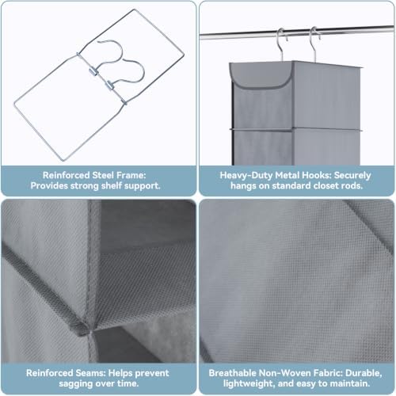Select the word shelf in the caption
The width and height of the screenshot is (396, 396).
[x=112, y=185]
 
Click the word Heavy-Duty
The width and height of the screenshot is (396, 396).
[x=246, y=175]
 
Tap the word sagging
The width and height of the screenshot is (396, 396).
[x=75, y=383]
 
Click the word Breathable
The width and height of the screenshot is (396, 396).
[x=232, y=373]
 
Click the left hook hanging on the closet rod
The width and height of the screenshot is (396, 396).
[x=282, y=44]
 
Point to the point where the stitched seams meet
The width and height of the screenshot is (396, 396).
[x=89, y=329]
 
